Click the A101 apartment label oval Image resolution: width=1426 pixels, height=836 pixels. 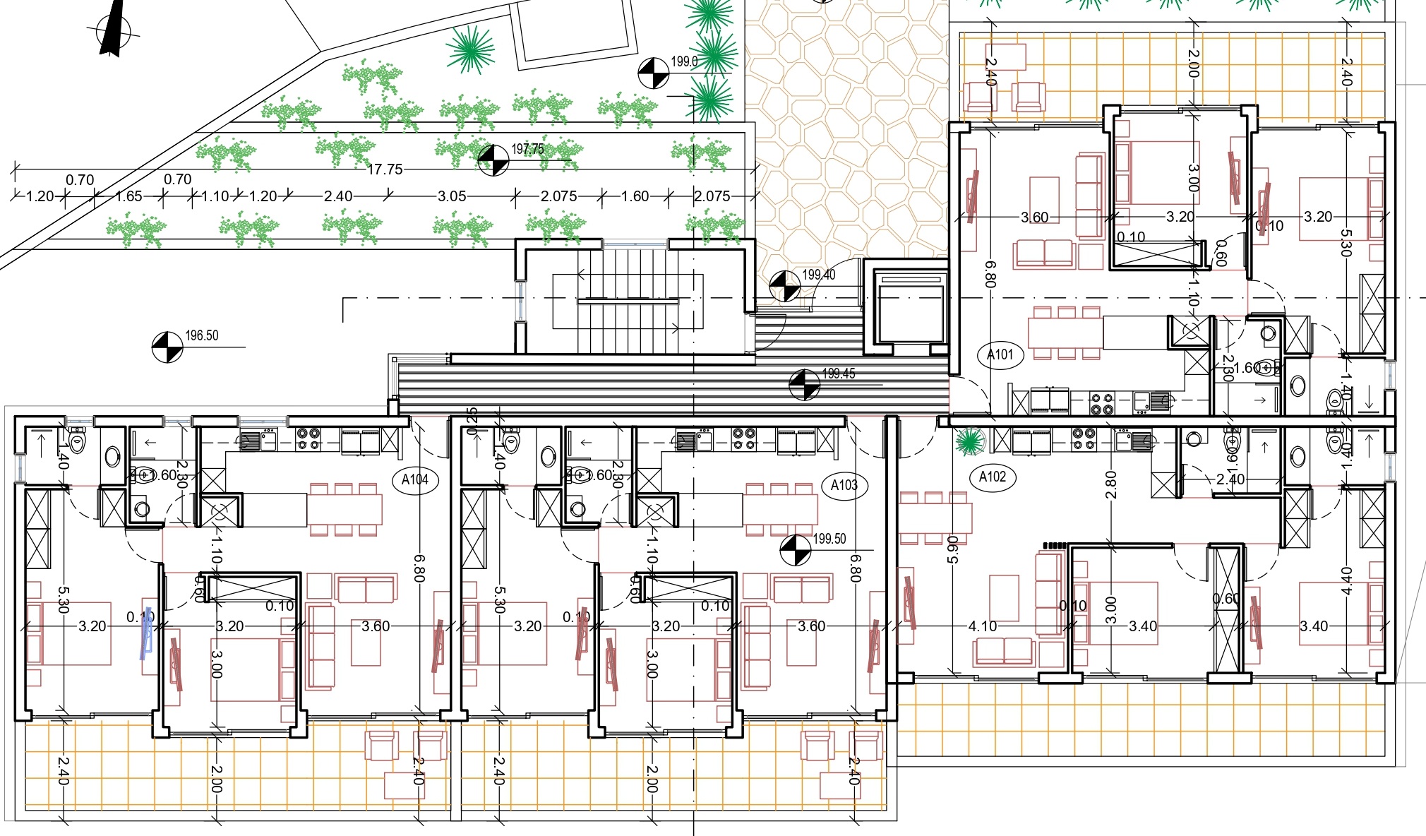1000,354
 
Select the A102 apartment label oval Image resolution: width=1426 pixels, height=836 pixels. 993,477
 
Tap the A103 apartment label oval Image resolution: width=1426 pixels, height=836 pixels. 844,485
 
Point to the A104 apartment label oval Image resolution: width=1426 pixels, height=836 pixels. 415,480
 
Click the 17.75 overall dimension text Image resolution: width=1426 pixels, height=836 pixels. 385,169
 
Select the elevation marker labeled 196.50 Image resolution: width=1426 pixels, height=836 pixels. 167,347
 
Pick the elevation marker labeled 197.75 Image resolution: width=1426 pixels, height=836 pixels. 493,160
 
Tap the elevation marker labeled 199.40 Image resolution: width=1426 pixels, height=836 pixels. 784,285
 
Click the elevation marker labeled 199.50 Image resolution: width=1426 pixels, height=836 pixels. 796,550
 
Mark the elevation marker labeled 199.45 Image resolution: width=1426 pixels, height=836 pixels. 804,384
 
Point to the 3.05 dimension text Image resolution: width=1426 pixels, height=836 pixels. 452,196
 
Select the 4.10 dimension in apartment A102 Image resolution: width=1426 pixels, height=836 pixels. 982,626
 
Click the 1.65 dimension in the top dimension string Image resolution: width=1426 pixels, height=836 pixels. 128,196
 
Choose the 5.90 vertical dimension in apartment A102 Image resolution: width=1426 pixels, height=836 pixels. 952,549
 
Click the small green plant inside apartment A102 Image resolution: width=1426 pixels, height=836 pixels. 969,442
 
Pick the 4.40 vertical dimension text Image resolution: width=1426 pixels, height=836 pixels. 1346,580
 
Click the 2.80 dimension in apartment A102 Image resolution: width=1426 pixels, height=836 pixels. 1110,484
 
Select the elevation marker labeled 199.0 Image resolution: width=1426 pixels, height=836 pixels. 654,73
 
